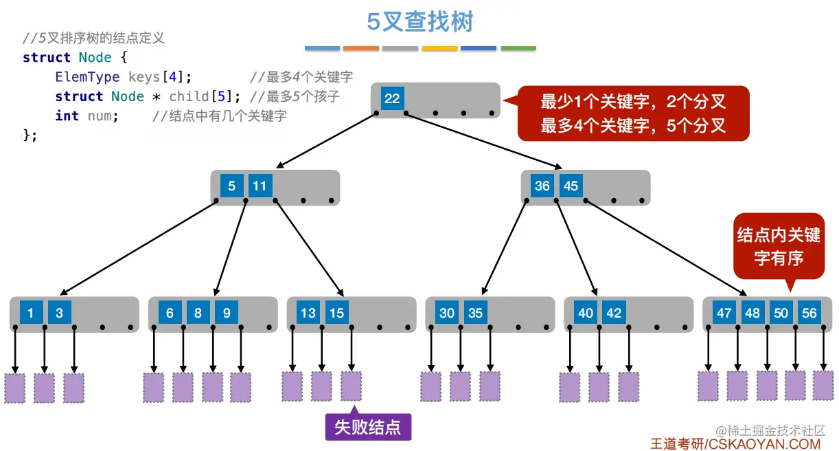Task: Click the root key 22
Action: pos(392,98)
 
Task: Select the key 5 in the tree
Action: pos(232,186)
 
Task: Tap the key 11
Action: pos(260,186)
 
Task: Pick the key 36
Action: pos(542,186)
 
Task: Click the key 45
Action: pos(571,186)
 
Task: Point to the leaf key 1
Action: pos(31,313)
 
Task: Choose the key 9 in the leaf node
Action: pos(226,313)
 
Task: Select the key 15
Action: pos(336,313)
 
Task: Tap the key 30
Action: pos(447,313)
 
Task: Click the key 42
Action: pos(614,313)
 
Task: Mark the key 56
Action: pos(809,313)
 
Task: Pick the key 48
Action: pos(752,313)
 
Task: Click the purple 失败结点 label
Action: pos(367,427)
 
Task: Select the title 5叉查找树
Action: pos(419,22)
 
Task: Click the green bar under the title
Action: pos(518,49)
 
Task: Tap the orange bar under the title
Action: pos(361,49)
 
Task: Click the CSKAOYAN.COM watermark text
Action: pos(764,444)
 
